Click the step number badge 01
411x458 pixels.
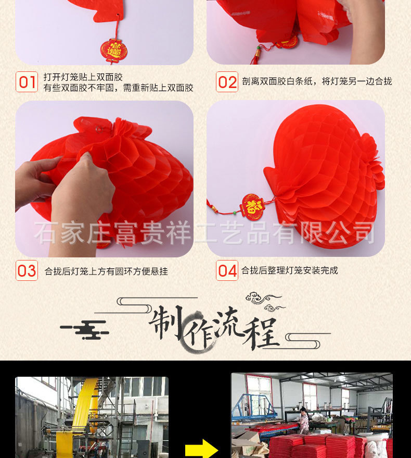(x=27, y=82)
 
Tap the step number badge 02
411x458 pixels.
(x=227, y=82)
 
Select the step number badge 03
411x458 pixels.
(x=27, y=270)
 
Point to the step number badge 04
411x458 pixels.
(x=227, y=270)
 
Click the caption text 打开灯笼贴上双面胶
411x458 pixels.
(x=83, y=77)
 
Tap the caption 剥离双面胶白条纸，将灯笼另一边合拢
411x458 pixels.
(x=317, y=81)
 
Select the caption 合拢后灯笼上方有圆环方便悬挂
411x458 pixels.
(x=106, y=271)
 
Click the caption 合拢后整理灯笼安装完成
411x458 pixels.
(x=289, y=270)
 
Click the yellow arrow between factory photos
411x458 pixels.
(x=201, y=449)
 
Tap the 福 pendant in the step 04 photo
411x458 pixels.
(x=253, y=207)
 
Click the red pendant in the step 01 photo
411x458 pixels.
(x=113, y=50)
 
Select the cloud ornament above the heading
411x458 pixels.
(x=263, y=299)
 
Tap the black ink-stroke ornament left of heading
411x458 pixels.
(x=85, y=330)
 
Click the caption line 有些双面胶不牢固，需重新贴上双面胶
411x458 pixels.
(x=118, y=88)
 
